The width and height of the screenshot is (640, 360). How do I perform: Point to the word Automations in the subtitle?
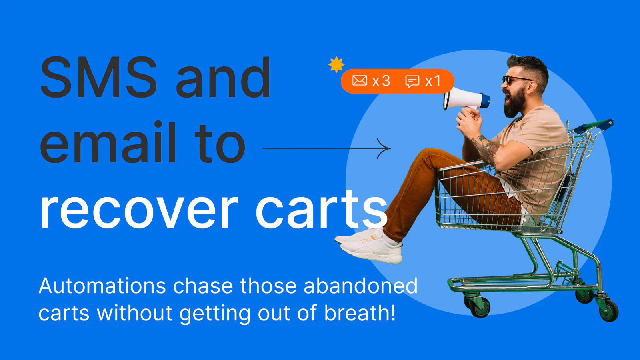(x=102, y=286)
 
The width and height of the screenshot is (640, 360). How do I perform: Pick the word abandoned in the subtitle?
(x=360, y=286)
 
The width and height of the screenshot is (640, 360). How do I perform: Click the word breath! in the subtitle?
(x=360, y=312)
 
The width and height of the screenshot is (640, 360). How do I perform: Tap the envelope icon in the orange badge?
(x=360, y=80)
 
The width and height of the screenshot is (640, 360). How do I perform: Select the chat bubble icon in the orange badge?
(x=412, y=82)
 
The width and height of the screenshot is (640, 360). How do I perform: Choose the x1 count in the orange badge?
(x=433, y=81)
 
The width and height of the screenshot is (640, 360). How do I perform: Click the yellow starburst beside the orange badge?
(x=336, y=64)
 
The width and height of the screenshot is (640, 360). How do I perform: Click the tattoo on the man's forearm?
(x=488, y=150)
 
